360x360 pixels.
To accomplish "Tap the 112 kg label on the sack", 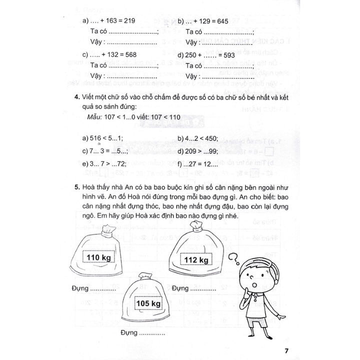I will point(196,260).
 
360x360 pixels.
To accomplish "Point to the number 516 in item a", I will point(94,138).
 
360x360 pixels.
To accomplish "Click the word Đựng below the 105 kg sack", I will point(129,332).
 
